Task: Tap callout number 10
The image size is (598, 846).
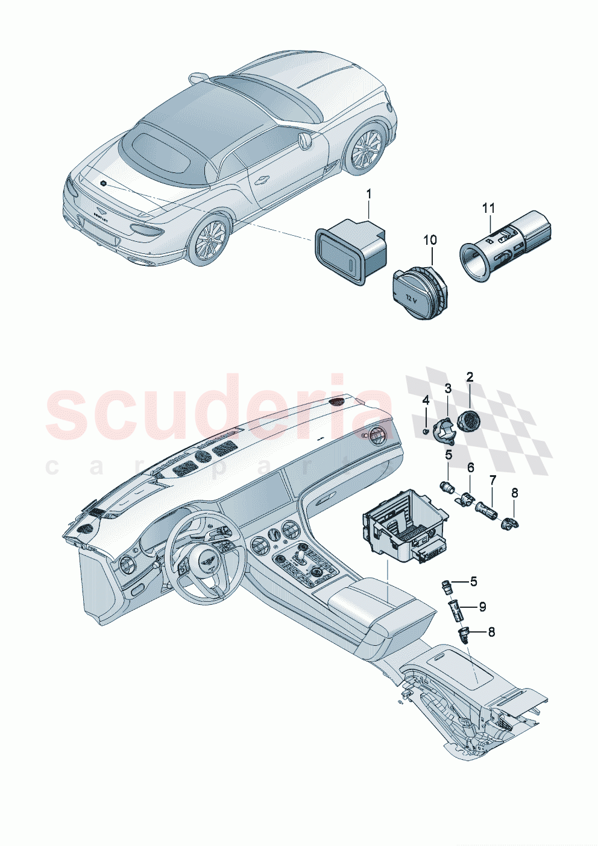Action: (x=429, y=240)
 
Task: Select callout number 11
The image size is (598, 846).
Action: (x=488, y=208)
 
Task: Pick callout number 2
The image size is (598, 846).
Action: (x=470, y=377)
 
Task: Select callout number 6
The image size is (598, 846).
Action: (x=470, y=467)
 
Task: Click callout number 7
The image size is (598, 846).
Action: (x=493, y=480)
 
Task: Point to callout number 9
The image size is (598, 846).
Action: (x=482, y=607)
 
